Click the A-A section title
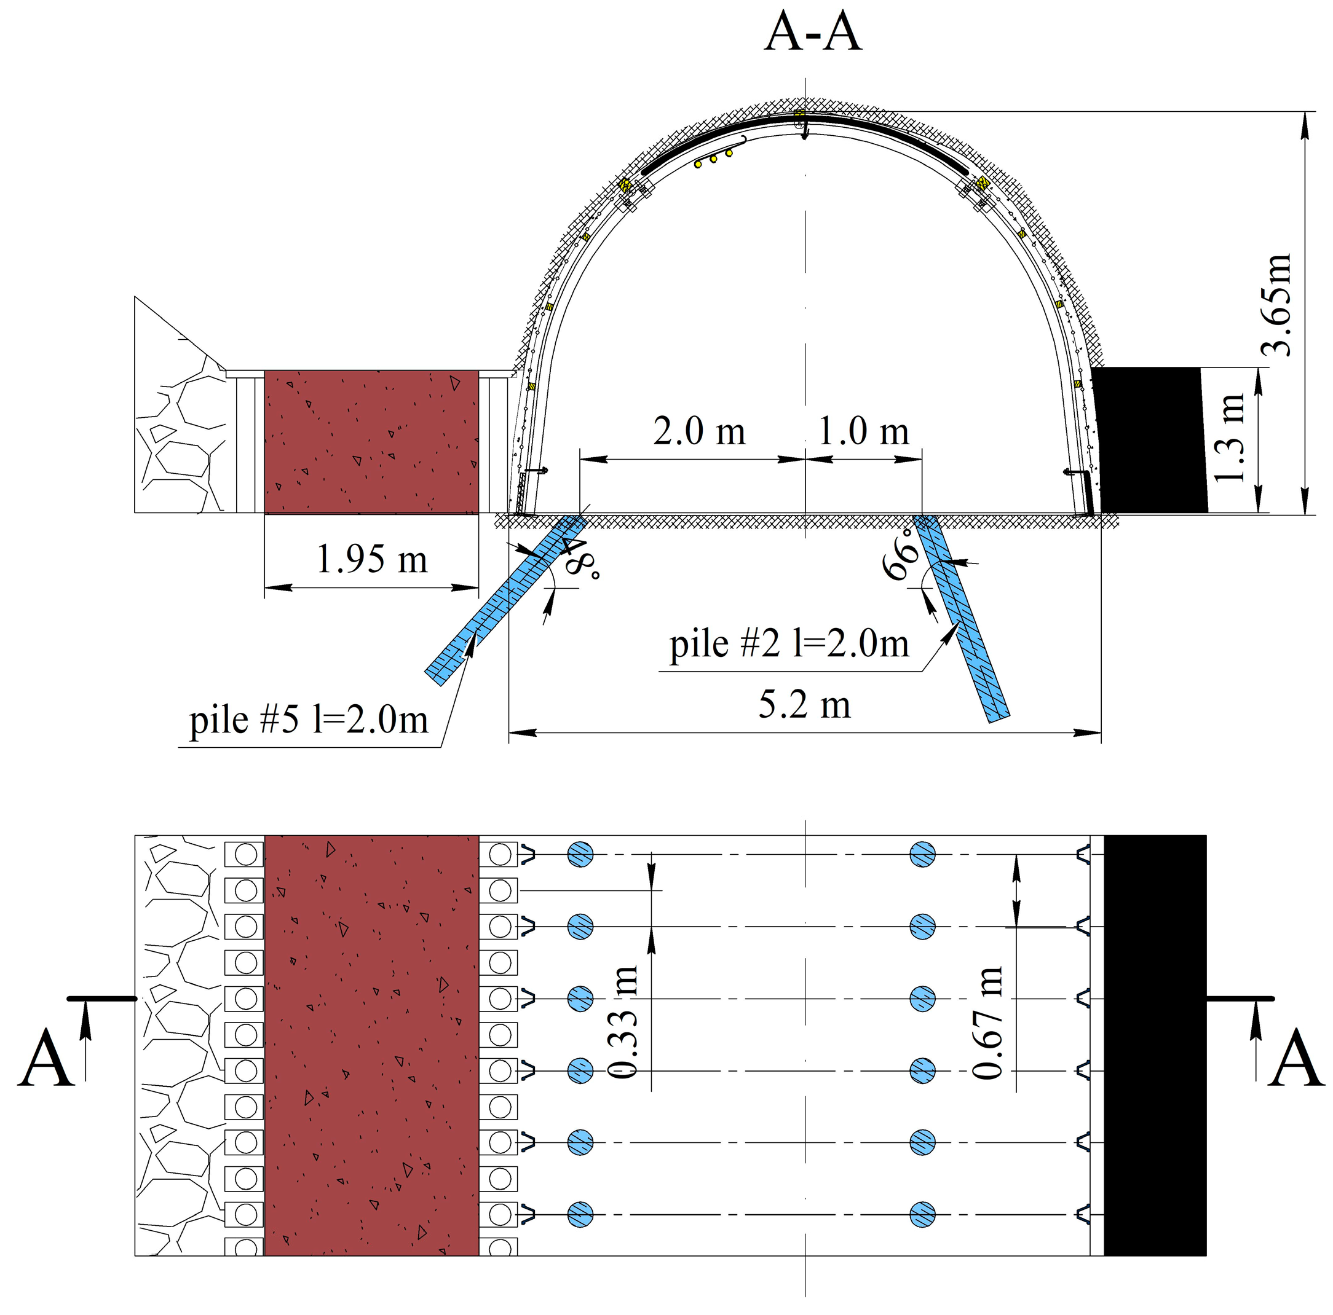pyautogui.click(x=813, y=33)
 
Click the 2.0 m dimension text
pyautogui.click(x=699, y=431)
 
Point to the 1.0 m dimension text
pyautogui.click(x=863, y=431)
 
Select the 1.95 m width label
pyautogui.click(x=371, y=559)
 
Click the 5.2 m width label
pyautogui.click(x=804, y=705)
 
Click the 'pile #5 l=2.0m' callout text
pyautogui.click(x=309, y=721)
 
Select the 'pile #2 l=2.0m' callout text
pyautogui.click(x=789, y=644)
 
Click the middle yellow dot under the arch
pyautogui.click(x=713, y=159)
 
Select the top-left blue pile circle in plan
pyautogui.click(x=580, y=854)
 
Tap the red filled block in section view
pyautogui.click(x=371, y=442)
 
